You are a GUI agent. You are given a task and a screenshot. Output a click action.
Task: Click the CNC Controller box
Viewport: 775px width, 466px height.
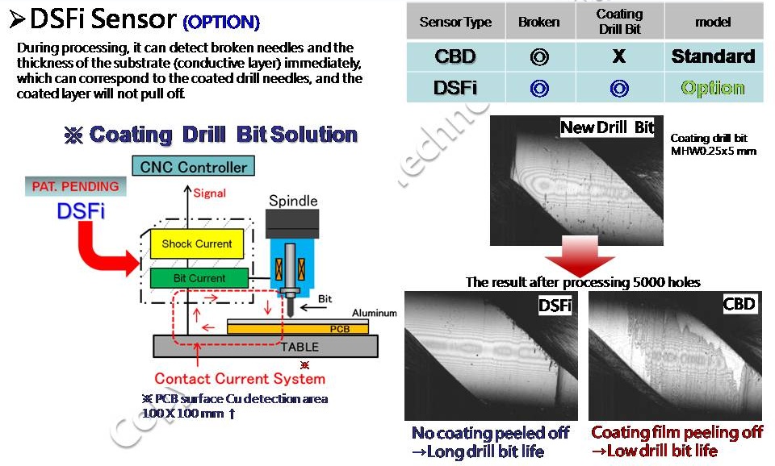tap(193, 167)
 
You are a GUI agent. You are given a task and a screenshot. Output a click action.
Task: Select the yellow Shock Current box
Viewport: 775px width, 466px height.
tap(197, 243)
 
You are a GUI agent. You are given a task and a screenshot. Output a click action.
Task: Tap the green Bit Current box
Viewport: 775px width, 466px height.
tap(199, 278)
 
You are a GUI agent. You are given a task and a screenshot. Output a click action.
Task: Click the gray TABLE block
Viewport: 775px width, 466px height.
tap(266, 347)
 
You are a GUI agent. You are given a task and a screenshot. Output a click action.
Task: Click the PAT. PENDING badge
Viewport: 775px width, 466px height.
tap(75, 186)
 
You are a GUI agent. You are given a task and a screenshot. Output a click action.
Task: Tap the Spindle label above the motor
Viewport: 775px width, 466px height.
tap(292, 200)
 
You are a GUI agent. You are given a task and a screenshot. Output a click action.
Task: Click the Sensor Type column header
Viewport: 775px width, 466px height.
tap(455, 22)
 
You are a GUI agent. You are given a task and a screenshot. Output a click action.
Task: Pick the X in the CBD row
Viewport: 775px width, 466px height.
tap(619, 57)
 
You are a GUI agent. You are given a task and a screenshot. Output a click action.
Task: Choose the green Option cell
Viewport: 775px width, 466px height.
tap(713, 88)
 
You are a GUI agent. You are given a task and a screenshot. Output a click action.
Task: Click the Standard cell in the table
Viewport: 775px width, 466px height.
tap(713, 57)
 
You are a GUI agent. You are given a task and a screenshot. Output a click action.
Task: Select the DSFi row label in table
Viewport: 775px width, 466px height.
tap(455, 88)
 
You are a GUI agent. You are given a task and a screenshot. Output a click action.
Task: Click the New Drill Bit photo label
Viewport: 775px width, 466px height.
tap(607, 127)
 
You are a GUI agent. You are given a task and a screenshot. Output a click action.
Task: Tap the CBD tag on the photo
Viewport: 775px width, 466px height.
tap(739, 304)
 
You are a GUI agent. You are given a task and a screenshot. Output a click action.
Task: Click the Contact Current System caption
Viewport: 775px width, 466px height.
tap(240, 378)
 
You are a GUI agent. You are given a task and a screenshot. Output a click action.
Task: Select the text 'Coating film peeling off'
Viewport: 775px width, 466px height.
tap(677, 433)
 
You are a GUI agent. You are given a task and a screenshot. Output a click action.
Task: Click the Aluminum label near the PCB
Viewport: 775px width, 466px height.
tap(374, 313)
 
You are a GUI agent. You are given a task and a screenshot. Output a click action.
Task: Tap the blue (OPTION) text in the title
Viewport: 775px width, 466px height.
tap(221, 21)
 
